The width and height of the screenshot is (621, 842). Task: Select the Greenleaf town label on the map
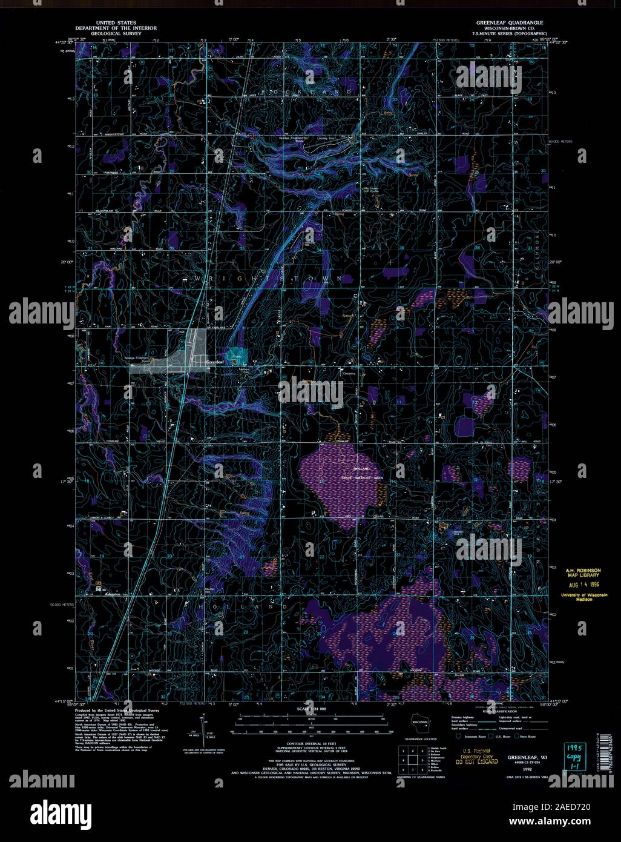215,362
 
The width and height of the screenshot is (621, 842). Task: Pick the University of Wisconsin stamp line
580,597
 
